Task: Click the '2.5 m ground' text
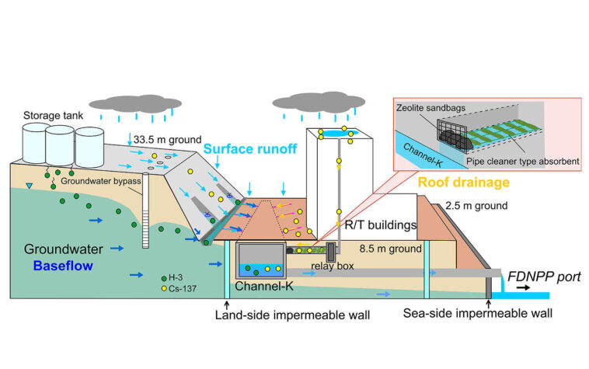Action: [477, 206]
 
